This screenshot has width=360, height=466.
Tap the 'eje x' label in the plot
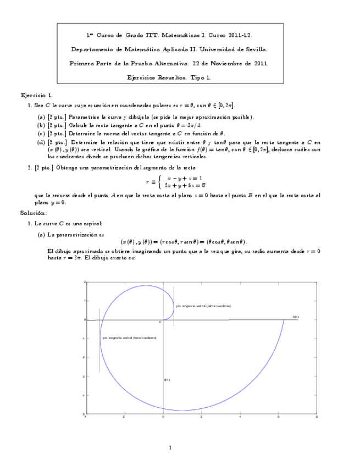[x=295, y=317]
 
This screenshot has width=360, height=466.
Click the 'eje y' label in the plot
[x=167, y=380]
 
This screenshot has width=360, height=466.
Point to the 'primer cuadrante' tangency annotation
[x=203, y=306]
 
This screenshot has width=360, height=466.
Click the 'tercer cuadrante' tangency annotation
[x=129, y=337]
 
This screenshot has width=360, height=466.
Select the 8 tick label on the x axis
[x=317, y=418]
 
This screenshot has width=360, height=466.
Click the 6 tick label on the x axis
[x=278, y=418]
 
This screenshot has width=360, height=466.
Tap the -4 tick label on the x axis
[x=85, y=418]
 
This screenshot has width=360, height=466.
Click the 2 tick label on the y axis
[x=84, y=282]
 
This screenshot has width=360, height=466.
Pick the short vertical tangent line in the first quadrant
[x=174, y=306]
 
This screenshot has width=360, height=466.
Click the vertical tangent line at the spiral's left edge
[x=99, y=341]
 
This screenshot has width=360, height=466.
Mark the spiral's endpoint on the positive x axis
[x=284, y=320]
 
